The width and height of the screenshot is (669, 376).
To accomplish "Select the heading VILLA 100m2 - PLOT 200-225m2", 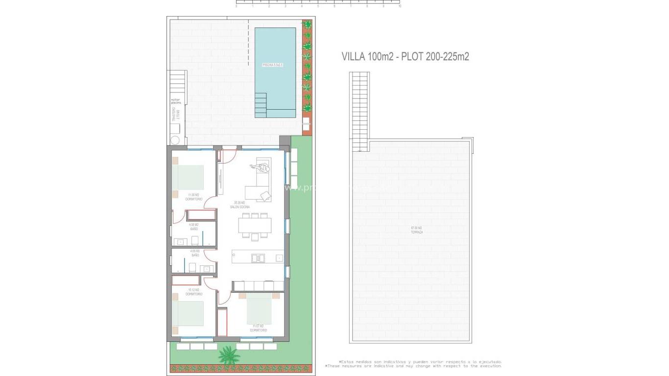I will tap(405, 57).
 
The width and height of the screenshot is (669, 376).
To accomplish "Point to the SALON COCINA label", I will tap(242, 205).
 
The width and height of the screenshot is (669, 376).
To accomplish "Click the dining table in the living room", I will tap(255, 225).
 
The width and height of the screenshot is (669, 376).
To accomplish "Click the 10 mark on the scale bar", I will tap(400, 7).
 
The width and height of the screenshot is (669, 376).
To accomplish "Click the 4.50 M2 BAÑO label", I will tap(194, 227).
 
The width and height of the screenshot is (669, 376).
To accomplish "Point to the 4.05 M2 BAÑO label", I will tap(195, 253).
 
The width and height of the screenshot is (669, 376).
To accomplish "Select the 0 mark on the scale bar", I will tap(236, 7).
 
